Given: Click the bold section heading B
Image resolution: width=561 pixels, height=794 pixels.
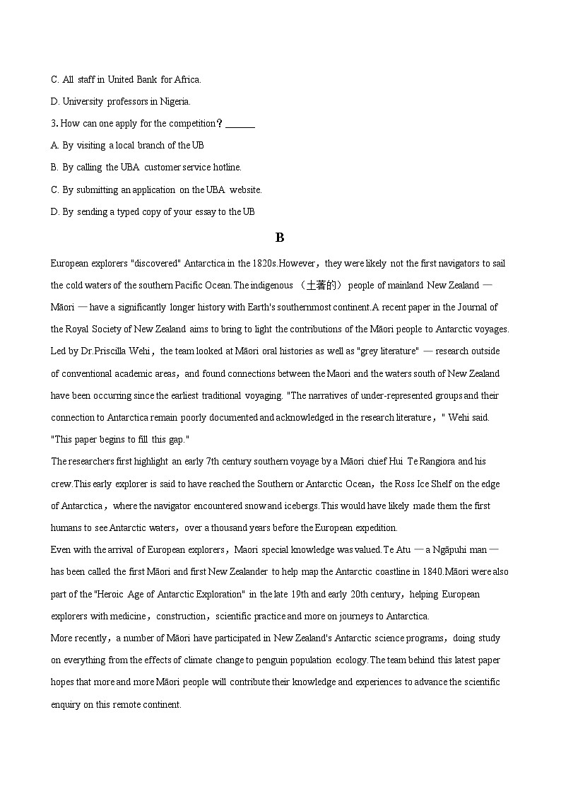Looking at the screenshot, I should pos(280,238).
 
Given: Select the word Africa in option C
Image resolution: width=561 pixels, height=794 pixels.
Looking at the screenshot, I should pos(186,79).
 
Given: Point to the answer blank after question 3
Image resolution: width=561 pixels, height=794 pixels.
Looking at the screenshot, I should pos(241,124).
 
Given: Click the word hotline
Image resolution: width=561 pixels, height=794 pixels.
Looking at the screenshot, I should pos(227,168).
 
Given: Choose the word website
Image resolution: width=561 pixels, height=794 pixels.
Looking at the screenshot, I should pos(245,189).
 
